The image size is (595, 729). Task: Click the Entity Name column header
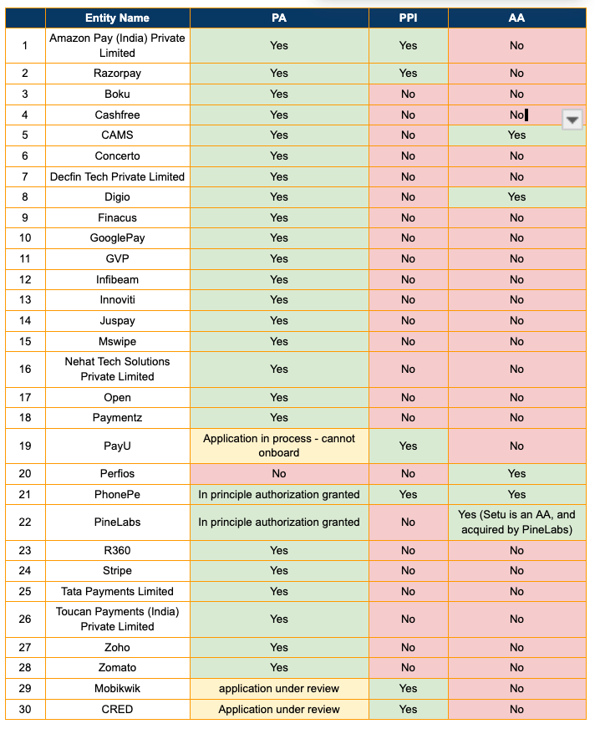point(117,18)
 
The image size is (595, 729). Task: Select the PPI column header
point(408,18)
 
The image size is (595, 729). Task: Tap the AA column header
point(516,18)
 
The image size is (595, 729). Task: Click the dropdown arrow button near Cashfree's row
point(572,120)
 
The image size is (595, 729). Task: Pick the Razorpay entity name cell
point(117,74)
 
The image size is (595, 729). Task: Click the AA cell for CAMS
point(516,135)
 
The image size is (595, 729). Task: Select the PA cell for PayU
point(279,446)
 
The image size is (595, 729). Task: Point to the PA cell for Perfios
point(279,473)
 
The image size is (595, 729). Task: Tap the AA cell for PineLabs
point(516,522)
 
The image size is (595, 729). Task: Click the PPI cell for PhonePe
point(408,494)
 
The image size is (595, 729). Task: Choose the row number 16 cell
point(25,369)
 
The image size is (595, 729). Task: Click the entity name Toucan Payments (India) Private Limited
point(117,619)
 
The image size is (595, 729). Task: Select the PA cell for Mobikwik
point(279,688)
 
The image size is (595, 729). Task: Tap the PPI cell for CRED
point(408,709)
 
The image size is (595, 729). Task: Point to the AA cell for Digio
point(516,196)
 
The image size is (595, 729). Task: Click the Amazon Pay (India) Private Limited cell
point(117,45)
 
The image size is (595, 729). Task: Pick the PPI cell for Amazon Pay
point(408,45)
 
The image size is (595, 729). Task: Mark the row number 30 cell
point(25,709)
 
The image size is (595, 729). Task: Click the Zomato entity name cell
point(117,667)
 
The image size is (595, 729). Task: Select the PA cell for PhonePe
point(279,494)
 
